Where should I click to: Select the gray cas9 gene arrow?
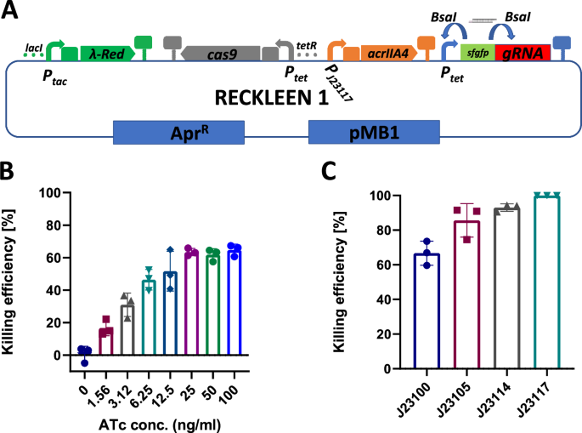[222, 53]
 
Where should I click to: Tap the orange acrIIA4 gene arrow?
[387, 53]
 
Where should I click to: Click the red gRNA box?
[523, 53]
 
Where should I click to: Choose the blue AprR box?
[178, 132]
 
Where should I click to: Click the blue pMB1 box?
[374, 132]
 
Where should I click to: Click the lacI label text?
[34, 40]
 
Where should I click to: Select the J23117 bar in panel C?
[546, 283]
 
